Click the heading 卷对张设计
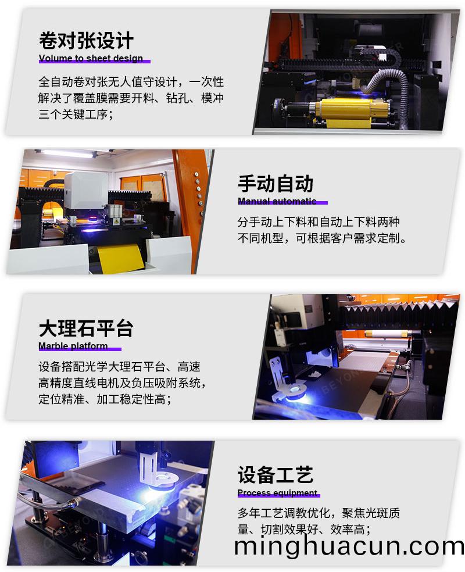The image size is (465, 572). [86, 41]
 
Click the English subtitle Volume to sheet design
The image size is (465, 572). [91, 59]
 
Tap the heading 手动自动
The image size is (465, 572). [276, 184]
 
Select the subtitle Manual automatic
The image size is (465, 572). [277, 202]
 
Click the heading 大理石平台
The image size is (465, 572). [86, 328]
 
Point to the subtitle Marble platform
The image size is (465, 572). [73, 346]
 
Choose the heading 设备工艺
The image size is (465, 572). [276, 475]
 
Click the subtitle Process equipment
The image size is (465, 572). [277, 494]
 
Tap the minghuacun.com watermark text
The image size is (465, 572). [349, 546]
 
